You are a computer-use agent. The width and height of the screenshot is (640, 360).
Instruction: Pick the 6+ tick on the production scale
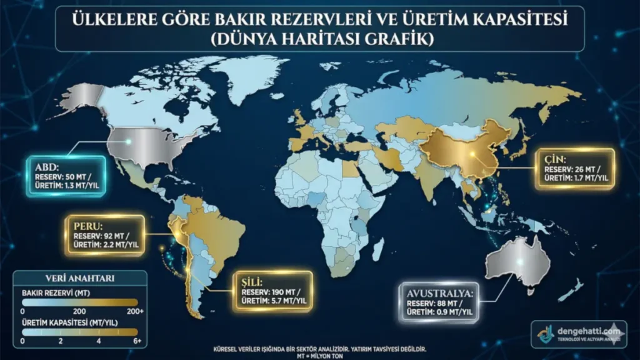pos(136,341)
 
